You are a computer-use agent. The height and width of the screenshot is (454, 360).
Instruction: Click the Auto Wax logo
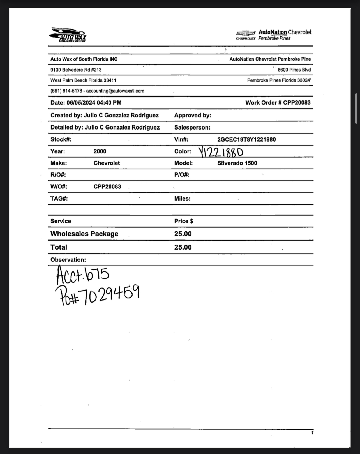tap(68, 35)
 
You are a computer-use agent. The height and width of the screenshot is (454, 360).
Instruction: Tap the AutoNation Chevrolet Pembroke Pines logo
tap(274, 35)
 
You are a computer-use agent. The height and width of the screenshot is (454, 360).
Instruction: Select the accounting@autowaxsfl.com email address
tap(115, 91)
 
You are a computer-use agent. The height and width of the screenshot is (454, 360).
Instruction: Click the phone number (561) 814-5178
tap(66, 91)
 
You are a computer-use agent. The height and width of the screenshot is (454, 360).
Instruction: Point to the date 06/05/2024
tap(81, 103)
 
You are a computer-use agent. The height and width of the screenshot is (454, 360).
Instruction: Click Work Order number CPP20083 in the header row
tap(297, 103)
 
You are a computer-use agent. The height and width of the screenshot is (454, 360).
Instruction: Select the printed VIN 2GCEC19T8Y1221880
tap(246, 139)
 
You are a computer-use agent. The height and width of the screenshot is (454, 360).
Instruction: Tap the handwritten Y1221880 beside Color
tap(221, 152)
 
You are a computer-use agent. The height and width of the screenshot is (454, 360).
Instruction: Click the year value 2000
tap(100, 151)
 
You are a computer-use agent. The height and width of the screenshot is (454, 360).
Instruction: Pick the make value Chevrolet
tap(107, 163)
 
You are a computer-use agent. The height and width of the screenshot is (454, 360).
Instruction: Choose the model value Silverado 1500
tap(237, 163)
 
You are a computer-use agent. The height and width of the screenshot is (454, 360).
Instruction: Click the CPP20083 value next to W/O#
tap(107, 187)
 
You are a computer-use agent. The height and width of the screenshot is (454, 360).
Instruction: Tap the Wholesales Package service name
tap(84, 234)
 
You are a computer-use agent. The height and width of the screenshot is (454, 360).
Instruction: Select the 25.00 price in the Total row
tap(183, 247)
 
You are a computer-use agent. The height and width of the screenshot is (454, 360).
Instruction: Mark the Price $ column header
tap(184, 221)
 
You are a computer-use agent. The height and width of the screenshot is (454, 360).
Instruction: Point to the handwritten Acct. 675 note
tap(82, 275)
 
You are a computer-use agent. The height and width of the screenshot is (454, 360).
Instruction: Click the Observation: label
tap(68, 260)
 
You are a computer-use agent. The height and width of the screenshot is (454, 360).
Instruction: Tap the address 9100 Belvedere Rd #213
tap(76, 70)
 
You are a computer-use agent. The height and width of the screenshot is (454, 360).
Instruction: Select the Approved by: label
tap(193, 116)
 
